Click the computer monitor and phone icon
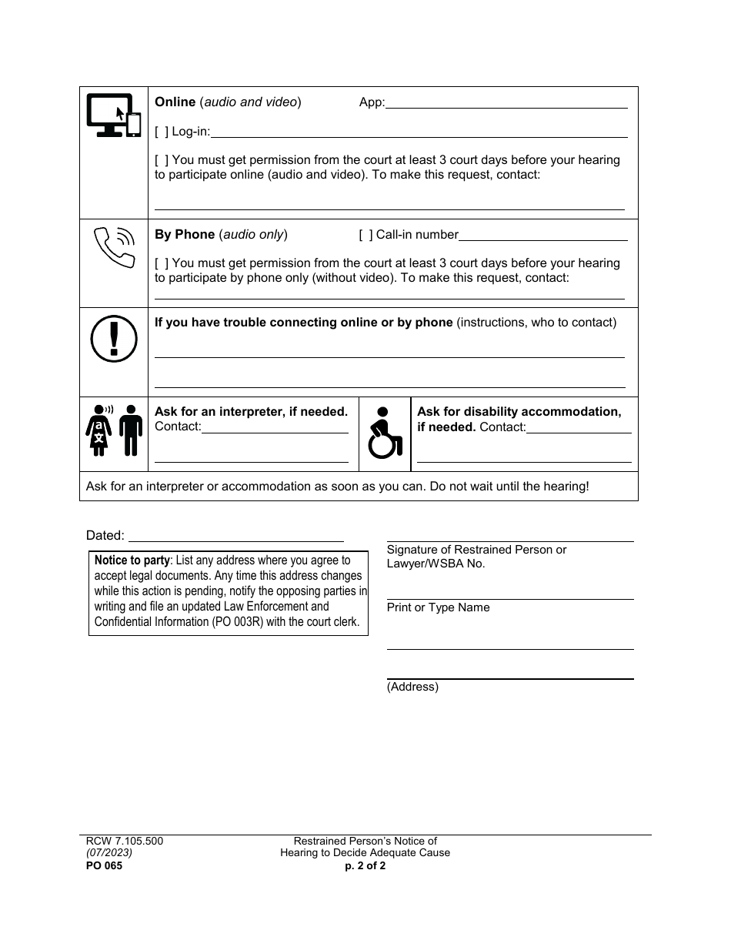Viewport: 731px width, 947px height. click(113, 115)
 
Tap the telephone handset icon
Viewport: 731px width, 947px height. click(113, 246)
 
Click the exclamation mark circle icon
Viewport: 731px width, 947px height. click(114, 340)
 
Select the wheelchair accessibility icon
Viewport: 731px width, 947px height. click(385, 433)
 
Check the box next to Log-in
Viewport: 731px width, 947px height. click(162, 132)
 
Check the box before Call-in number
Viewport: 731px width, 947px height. click(365, 235)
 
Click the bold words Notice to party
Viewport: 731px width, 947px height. click(132, 561)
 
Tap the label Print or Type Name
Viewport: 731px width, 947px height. click(438, 607)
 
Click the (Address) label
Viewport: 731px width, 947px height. click(412, 687)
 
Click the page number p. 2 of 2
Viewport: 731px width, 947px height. click(365, 865)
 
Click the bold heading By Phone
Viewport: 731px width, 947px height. click(185, 235)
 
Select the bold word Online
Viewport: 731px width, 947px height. click(175, 102)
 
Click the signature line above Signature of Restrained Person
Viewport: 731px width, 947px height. click(509, 541)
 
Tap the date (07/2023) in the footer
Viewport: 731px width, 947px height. click(108, 853)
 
